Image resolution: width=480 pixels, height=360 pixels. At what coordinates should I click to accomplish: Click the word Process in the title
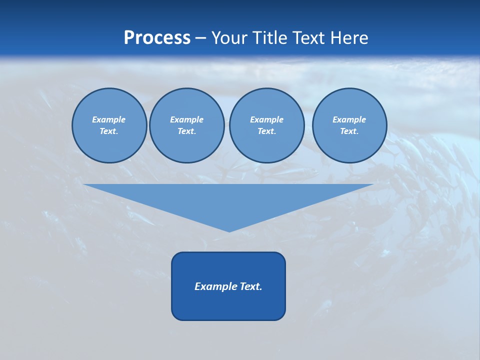(x=157, y=38)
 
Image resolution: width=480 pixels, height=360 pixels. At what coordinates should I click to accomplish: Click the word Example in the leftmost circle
(x=109, y=119)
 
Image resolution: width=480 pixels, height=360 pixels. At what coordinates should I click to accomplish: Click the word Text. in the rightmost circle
(x=349, y=131)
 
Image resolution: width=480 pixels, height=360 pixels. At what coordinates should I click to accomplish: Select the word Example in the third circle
(x=266, y=119)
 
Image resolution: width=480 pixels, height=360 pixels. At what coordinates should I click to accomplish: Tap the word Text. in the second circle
(x=186, y=131)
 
